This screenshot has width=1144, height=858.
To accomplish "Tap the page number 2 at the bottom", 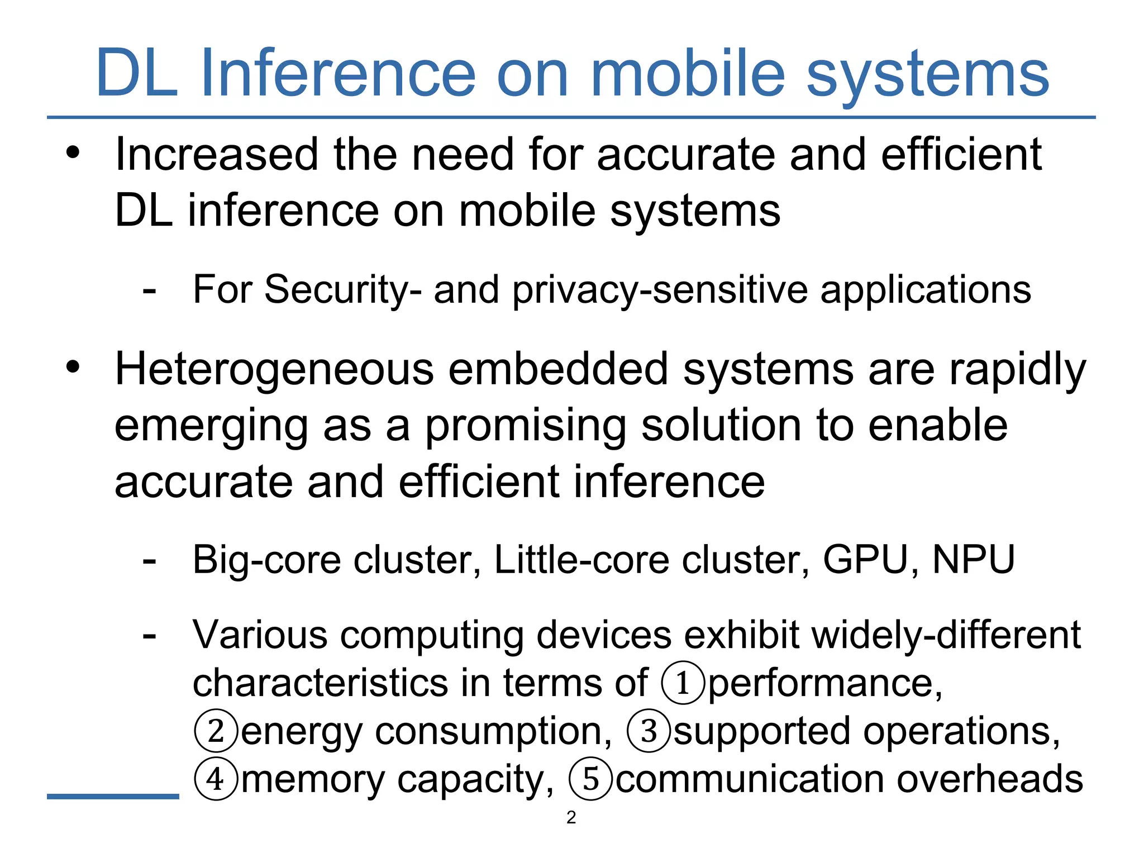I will (x=571, y=817).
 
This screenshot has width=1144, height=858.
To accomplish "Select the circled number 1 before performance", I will (x=683, y=683).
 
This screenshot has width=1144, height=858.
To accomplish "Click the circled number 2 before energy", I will (x=216, y=731).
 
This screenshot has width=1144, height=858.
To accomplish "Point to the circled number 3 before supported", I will (x=649, y=731).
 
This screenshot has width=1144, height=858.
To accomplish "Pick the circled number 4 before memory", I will (x=216, y=779).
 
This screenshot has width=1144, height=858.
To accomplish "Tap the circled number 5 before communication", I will (x=591, y=779).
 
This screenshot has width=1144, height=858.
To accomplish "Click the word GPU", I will (x=865, y=559).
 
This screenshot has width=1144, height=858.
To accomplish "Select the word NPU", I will (x=974, y=559).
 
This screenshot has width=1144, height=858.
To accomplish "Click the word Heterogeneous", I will (x=274, y=369).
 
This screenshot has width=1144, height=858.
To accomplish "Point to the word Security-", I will (x=343, y=290).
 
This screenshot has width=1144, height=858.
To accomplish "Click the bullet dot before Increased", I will (x=73, y=152).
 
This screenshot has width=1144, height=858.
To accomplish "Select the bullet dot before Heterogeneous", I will (x=73, y=368).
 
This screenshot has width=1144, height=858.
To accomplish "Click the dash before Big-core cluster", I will (x=149, y=560).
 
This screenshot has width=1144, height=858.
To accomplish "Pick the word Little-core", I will (x=582, y=559).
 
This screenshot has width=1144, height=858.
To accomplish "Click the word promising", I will (x=526, y=426).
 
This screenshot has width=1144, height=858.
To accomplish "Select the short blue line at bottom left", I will (x=113, y=796).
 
